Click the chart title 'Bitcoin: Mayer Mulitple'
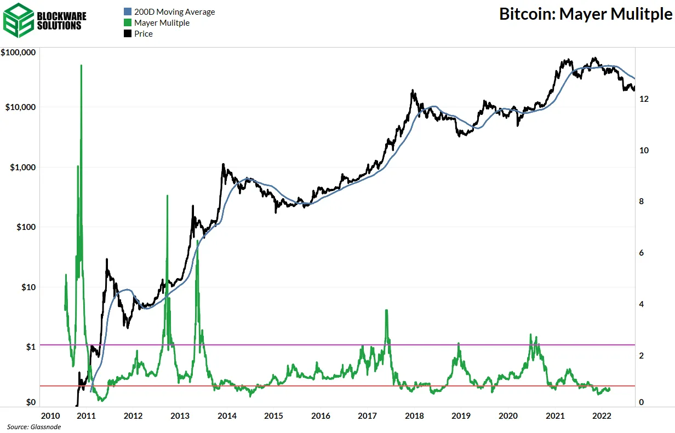point(585,14)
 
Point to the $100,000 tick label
point(19,53)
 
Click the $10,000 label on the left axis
point(21,107)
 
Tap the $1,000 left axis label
point(23,168)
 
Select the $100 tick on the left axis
point(25,227)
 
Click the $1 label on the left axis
point(30,347)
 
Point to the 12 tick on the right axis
point(644,99)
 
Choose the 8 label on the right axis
point(642,202)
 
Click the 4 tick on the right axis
point(642,304)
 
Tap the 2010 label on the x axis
point(50,416)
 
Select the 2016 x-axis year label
point(321,416)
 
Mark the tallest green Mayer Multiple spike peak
point(81,65)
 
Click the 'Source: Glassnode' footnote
point(34,427)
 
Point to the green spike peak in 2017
point(386,310)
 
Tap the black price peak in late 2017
point(412,91)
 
